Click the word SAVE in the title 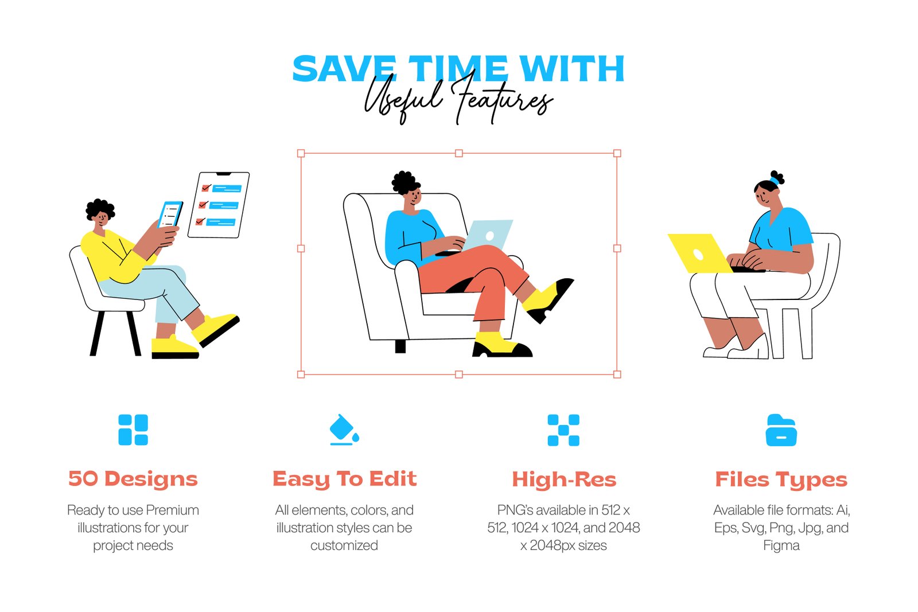click(x=344, y=68)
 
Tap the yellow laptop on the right click(x=700, y=253)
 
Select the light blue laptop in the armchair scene click(x=488, y=235)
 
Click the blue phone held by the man click(x=170, y=215)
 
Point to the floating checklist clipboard click(x=219, y=205)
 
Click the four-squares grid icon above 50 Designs click(x=133, y=430)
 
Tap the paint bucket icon click(x=344, y=429)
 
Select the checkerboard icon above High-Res click(x=563, y=430)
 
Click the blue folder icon click(x=781, y=430)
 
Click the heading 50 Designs click(x=133, y=478)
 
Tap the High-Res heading click(x=564, y=479)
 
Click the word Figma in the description click(x=781, y=545)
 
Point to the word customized click(x=344, y=545)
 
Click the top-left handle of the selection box click(x=301, y=153)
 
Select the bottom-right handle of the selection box click(x=617, y=375)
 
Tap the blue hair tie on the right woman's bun click(x=774, y=181)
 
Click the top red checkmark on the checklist click(x=206, y=188)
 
